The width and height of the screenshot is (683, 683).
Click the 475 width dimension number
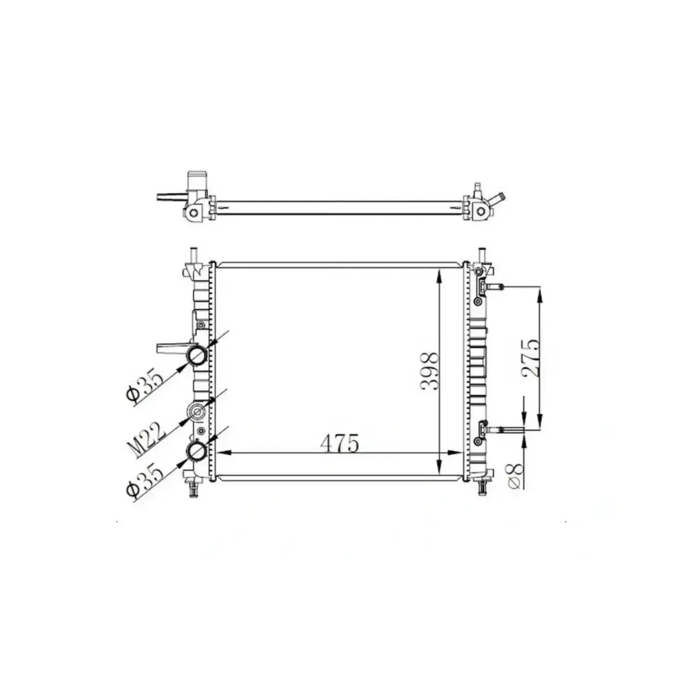click(x=339, y=443)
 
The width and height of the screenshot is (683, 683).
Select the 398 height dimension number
click(x=430, y=371)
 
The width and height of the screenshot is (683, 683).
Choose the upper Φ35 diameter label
click(x=145, y=386)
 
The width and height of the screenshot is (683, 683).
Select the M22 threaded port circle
click(x=198, y=411)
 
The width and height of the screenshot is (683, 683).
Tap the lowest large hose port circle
click(x=198, y=452)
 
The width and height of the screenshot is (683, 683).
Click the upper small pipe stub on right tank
click(x=495, y=286)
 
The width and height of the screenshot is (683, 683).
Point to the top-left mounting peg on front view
click(x=194, y=253)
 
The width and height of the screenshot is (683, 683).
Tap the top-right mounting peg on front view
click(x=483, y=253)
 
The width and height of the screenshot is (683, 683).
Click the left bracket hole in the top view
click(x=194, y=212)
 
